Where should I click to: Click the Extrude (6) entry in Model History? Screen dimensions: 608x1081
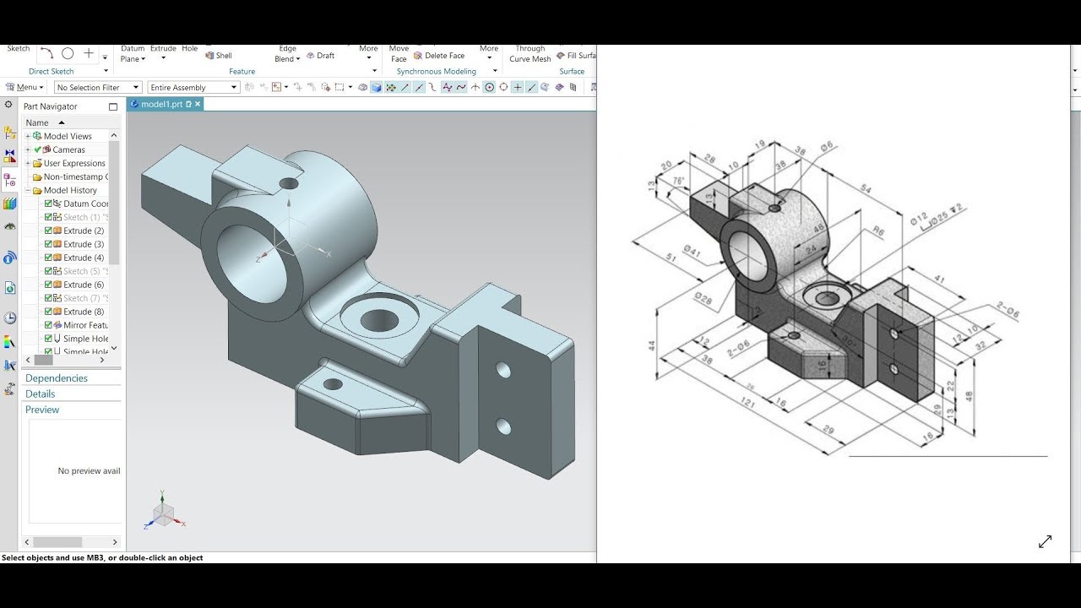[x=83, y=285]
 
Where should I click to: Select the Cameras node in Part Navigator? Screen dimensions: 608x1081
[x=68, y=149]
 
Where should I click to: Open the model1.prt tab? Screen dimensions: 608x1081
[x=161, y=104]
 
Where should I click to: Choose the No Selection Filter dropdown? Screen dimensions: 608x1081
[x=97, y=87]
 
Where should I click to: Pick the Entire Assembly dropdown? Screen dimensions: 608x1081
[x=193, y=87]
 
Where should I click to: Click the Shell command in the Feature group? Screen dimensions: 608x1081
[x=219, y=56]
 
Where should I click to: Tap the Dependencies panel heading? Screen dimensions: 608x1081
[x=57, y=378]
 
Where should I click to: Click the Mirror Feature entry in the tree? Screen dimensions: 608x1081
[x=84, y=325]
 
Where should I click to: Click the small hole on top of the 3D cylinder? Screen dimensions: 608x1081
[x=289, y=183]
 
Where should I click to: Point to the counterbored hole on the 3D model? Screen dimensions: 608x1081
[x=378, y=318]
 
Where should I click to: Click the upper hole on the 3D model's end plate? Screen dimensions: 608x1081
[x=503, y=370]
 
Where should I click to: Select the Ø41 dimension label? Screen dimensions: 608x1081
[x=692, y=251]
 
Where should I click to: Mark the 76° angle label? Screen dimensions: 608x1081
[x=678, y=181]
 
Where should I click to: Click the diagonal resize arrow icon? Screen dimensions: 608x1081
[x=1045, y=541]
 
